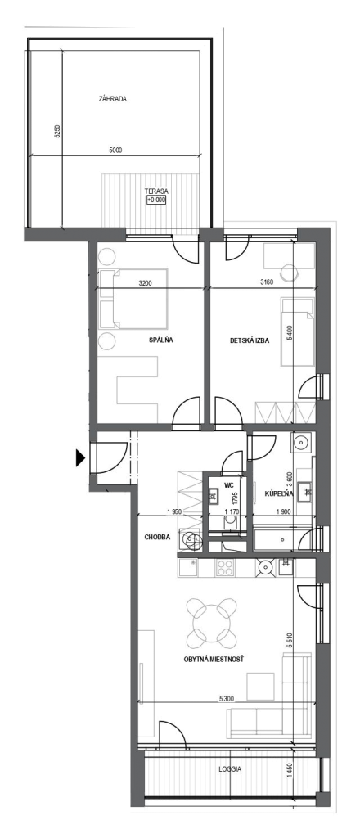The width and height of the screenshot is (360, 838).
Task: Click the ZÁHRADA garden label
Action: coord(113,99)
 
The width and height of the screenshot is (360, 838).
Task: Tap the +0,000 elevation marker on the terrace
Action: coord(156,200)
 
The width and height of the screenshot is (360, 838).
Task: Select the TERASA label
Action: coord(156,191)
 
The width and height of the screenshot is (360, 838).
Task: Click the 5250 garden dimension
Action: coord(57,132)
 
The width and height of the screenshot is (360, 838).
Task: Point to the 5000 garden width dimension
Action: coord(115,151)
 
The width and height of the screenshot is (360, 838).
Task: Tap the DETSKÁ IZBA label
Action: coord(250,340)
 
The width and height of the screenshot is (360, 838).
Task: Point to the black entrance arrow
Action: coord(80,458)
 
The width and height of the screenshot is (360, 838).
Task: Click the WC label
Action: coord(229,485)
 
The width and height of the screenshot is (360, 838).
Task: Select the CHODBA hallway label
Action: coord(158,537)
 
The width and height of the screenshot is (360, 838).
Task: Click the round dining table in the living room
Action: coord(212,622)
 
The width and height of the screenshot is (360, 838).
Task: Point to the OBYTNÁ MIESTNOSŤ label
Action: coord(213,660)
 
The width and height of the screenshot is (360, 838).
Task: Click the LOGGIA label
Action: coord(230,769)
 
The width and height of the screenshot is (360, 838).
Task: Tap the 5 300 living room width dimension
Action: coord(227,698)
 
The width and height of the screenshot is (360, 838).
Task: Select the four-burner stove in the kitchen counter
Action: coord(223,567)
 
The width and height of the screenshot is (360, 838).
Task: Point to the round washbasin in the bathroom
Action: coord(301,442)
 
